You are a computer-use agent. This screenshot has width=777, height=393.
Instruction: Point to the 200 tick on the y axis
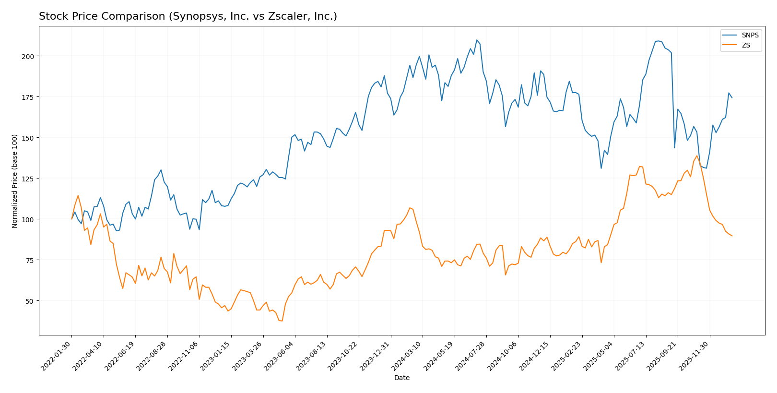pyautogui.click(x=29, y=56)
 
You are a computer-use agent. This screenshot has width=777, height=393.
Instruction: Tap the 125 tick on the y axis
pyautogui.click(x=29, y=179)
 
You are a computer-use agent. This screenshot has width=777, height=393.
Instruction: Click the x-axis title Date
pyautogui.click(x=401, y=378)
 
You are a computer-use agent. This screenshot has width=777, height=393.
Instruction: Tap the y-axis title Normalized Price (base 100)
pyautogui.click(x=15, y=181)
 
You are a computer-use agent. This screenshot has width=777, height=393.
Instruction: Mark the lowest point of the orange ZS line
pyautogui.click(x=282, y=321)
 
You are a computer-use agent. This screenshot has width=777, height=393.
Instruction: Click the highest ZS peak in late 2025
pyautogui.click(x=697, y=155)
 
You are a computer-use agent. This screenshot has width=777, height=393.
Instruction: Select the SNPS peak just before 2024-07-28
pyautogui.click(x=477, y=40)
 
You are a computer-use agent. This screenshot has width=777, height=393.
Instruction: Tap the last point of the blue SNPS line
pyautogui.click(x=732, y=98)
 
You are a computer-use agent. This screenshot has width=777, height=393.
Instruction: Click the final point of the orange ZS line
pyautogui.click(x=732, y=236)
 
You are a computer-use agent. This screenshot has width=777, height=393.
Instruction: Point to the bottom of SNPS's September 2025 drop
pyautogui.click(x=674, y=147)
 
